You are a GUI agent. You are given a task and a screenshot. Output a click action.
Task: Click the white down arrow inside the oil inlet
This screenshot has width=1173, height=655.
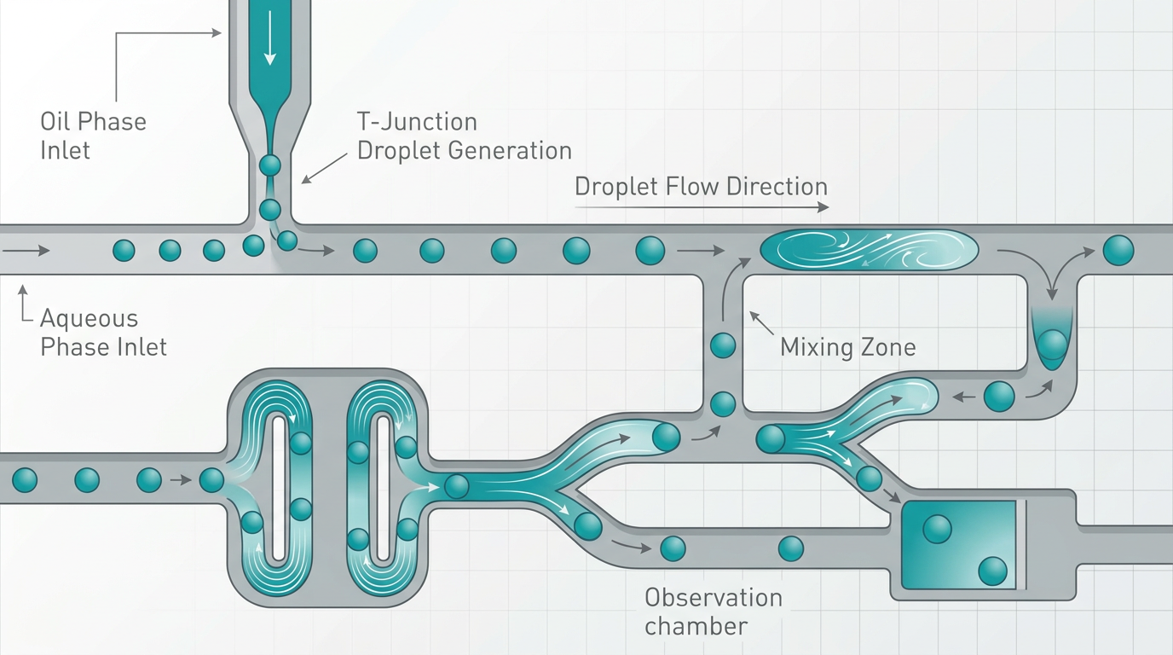tap(270, 43)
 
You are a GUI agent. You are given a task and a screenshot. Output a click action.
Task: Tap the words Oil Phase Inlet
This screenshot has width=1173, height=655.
tap(93, 136)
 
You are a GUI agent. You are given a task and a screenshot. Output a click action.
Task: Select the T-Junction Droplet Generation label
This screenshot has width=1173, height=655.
tap(463, 136)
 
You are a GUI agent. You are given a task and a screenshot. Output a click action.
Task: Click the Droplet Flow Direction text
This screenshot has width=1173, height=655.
tap(701, 187)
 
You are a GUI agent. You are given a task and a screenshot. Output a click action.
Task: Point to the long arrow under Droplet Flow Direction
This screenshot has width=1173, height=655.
tap(701, 207)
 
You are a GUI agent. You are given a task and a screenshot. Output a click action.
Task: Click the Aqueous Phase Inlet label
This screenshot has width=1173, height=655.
tap(103, 333)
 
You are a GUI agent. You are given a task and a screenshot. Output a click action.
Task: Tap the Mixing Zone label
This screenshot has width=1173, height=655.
tap(847, 347)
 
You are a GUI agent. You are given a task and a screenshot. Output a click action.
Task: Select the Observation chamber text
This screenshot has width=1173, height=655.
tap(713, 611)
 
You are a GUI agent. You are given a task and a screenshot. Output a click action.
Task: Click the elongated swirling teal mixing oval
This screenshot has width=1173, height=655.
tap(868, 249)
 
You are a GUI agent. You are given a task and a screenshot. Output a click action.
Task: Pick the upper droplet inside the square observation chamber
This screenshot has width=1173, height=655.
tap(937, 529)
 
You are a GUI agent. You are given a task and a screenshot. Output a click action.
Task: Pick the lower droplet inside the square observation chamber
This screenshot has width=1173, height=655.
tap(992, 571)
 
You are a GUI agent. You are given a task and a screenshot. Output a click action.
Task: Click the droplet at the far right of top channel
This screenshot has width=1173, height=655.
tap(1118, 250)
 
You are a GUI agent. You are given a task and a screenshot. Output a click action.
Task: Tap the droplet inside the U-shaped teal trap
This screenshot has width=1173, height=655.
tap(1052, 344)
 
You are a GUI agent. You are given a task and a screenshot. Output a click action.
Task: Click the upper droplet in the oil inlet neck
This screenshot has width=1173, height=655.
tap(269, 165)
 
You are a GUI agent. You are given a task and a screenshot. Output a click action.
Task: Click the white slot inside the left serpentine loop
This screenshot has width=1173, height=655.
tap(278, 487)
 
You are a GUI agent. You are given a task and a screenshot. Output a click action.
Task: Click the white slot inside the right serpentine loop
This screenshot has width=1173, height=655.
tap(382, 487)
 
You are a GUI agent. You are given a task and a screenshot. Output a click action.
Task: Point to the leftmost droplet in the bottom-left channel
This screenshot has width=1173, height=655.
tap(25, 480)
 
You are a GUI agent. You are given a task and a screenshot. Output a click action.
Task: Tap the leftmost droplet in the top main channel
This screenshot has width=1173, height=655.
tap(124, 250)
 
